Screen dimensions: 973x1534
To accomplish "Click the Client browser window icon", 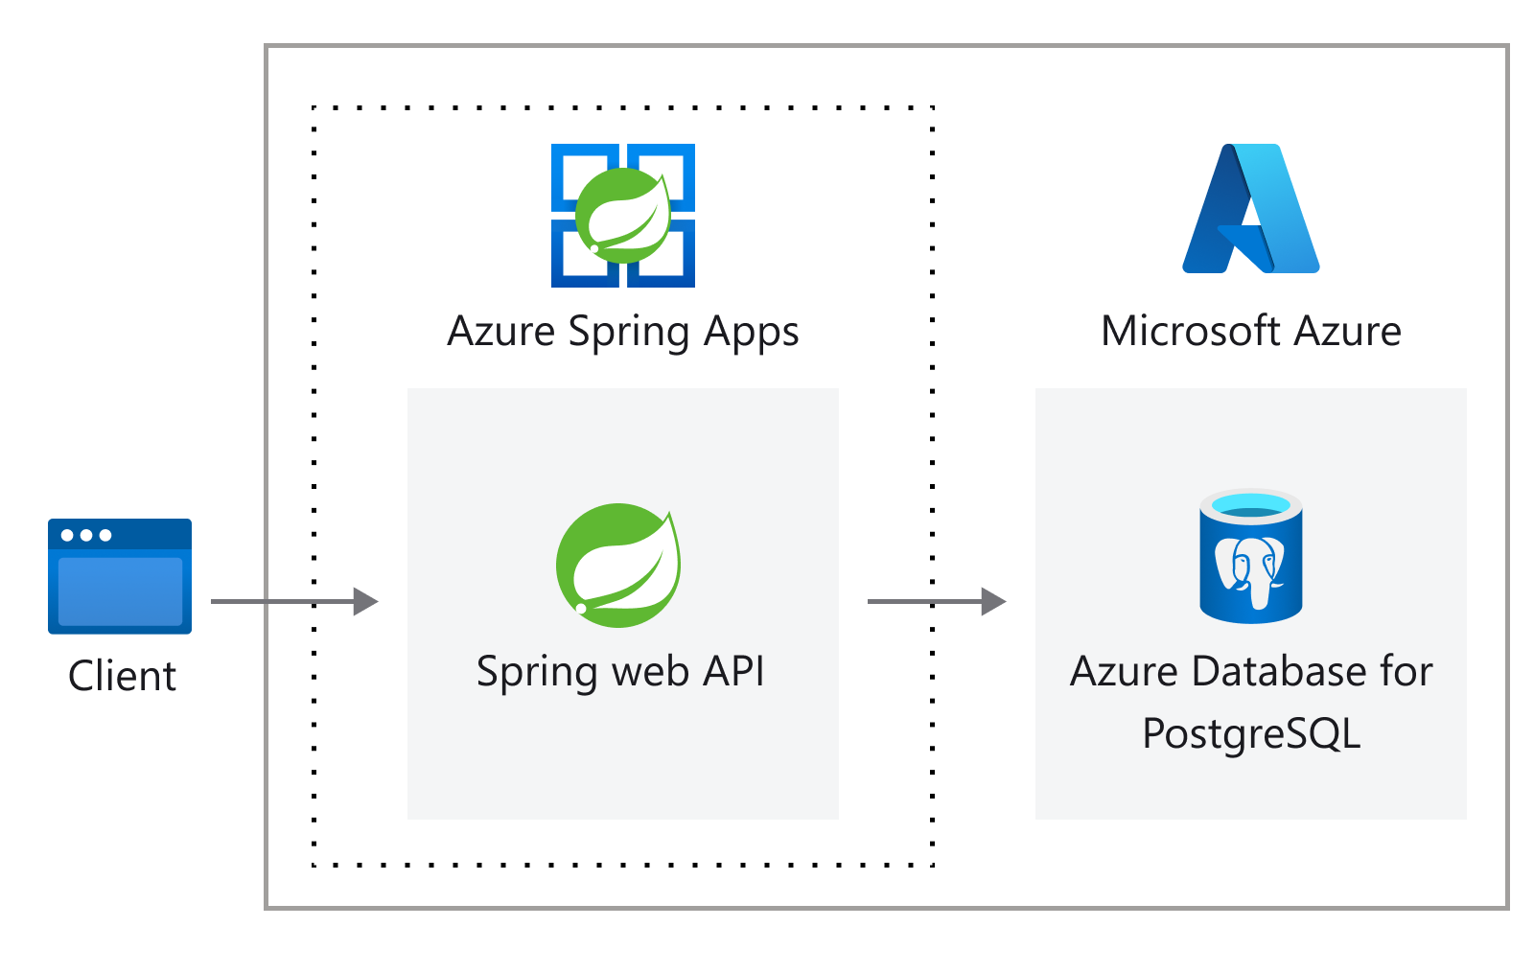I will click(120, 576).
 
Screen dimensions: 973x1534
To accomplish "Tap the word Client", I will click(122, 676).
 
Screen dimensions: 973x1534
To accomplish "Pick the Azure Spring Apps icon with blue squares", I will click(623, 216).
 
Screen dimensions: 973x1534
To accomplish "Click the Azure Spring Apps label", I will click(623, 332).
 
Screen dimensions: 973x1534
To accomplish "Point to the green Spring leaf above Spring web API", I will click(618, 566).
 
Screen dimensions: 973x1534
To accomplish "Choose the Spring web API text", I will click(620, 671).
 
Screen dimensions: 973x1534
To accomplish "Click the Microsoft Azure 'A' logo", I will click(1251, 209).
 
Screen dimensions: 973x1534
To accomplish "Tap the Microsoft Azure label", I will click(1251, 332).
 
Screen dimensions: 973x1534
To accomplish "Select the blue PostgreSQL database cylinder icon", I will click(1251, 557).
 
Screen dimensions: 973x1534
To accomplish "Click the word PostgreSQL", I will click(1251, 734).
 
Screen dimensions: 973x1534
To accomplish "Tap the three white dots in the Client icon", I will click(86, 535).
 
